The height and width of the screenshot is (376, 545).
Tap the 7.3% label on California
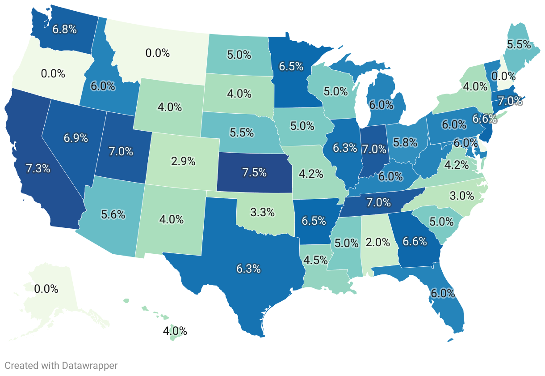pyautogui.click(x=38, y=169)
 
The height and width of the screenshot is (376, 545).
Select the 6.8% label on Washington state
pyautogui.click(x=65, y=30)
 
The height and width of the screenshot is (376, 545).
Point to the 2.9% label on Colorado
pyautogui.click(x=183, y=161)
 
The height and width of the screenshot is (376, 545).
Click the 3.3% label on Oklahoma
pyautogui.click(x=262, y=212)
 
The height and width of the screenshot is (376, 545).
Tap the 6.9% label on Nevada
pyautogui.click(x=75, y=138)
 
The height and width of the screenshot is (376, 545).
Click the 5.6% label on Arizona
pyautogui.click(x=113, y=214)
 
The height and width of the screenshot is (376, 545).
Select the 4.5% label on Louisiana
pyautogui.click(x=316, y=260)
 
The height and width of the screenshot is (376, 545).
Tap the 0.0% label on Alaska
pyautogui.click(x=46, y=289)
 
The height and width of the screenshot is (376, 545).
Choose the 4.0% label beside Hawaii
pyautogui.click(x=175, y=332)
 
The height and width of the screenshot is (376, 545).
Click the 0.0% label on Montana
pyautogui.click(x=158, y=53)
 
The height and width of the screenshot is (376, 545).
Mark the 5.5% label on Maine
pyautogui.click(x=519, y=44)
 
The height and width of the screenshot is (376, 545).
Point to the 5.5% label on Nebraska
pyautogui.click(x=242, y=132)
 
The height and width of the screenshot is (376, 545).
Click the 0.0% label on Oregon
pyautogui.click(x=53, y=73)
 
